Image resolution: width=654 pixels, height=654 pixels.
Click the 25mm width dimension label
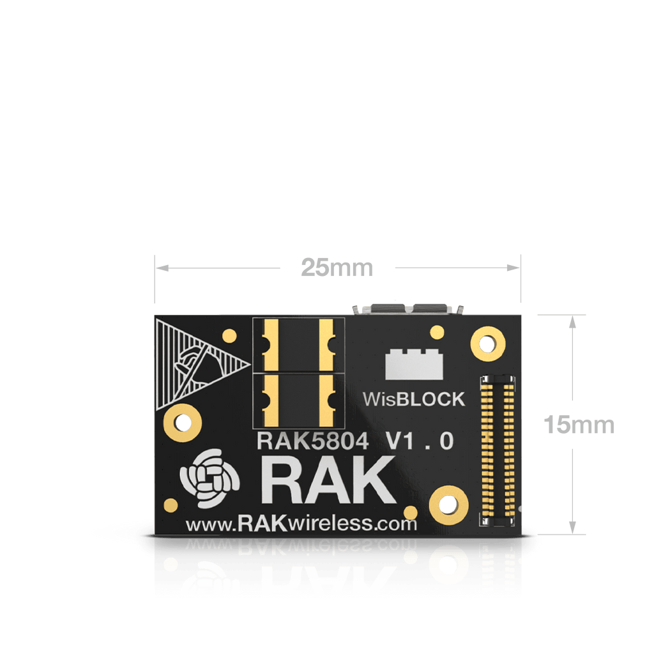click(x=337, y=268)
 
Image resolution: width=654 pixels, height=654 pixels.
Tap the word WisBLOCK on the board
click(x=414, y=400)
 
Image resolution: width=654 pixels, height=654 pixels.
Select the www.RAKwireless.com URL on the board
click(x=301, y=524)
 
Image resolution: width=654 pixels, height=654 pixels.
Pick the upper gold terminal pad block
click(x=299, y=345)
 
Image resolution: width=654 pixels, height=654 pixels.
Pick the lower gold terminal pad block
click(x=299, y=401)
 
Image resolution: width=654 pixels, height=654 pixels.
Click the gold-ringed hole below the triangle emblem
click(x=183, y=422)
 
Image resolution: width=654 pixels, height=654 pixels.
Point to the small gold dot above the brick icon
click(x=437, y=331)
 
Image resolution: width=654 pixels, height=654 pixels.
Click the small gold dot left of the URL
click(x=171, y=505)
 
